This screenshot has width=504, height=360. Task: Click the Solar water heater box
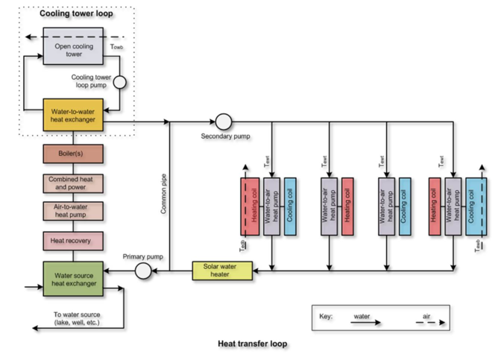pos(222,271)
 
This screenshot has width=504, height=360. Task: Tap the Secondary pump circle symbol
pos(223,121)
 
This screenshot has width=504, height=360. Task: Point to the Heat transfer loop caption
pos(252,344)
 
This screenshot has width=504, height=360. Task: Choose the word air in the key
pos(426,316)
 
